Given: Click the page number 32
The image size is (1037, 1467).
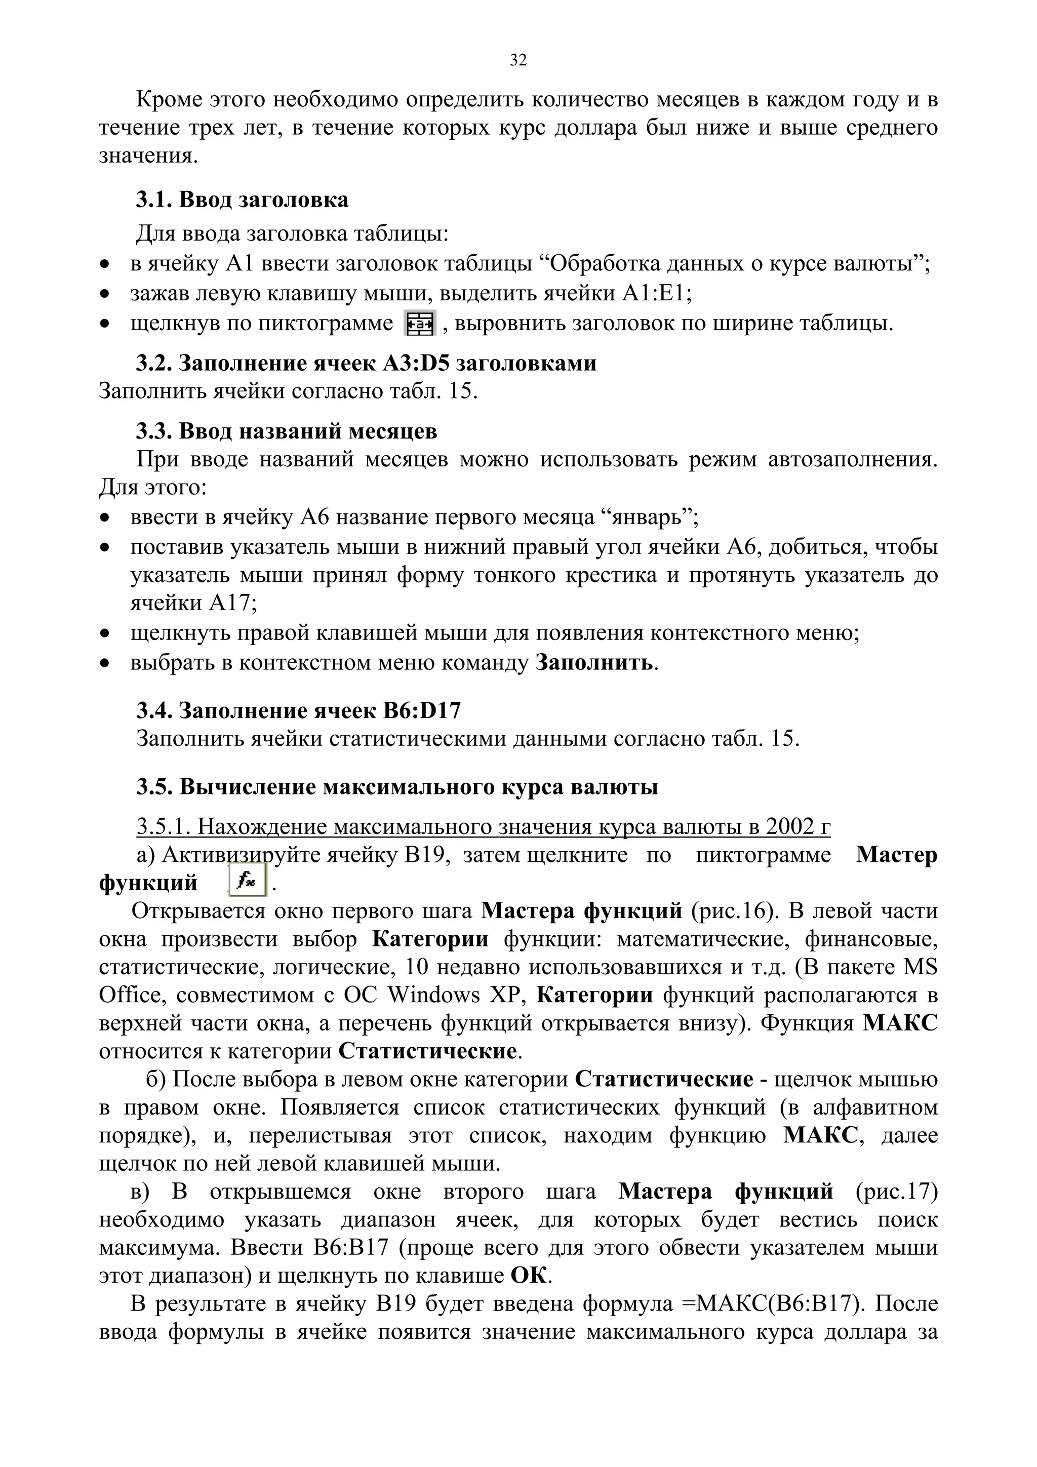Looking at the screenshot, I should click(518, 61).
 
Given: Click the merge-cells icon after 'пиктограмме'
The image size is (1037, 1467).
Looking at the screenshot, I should click(419, 323).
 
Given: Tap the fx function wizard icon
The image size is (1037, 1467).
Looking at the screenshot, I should click(247, 882).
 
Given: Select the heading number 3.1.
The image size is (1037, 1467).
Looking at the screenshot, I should click(154, 200).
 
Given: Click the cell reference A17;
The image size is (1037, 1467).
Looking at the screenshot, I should click(234, 603).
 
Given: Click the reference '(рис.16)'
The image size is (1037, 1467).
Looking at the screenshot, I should click(735, 910).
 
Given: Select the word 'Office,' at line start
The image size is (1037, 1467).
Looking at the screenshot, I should click(131, 995).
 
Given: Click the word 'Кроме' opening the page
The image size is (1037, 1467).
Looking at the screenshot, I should click(168, 100).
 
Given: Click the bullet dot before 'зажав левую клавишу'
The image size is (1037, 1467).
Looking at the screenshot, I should click(105, 294).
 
